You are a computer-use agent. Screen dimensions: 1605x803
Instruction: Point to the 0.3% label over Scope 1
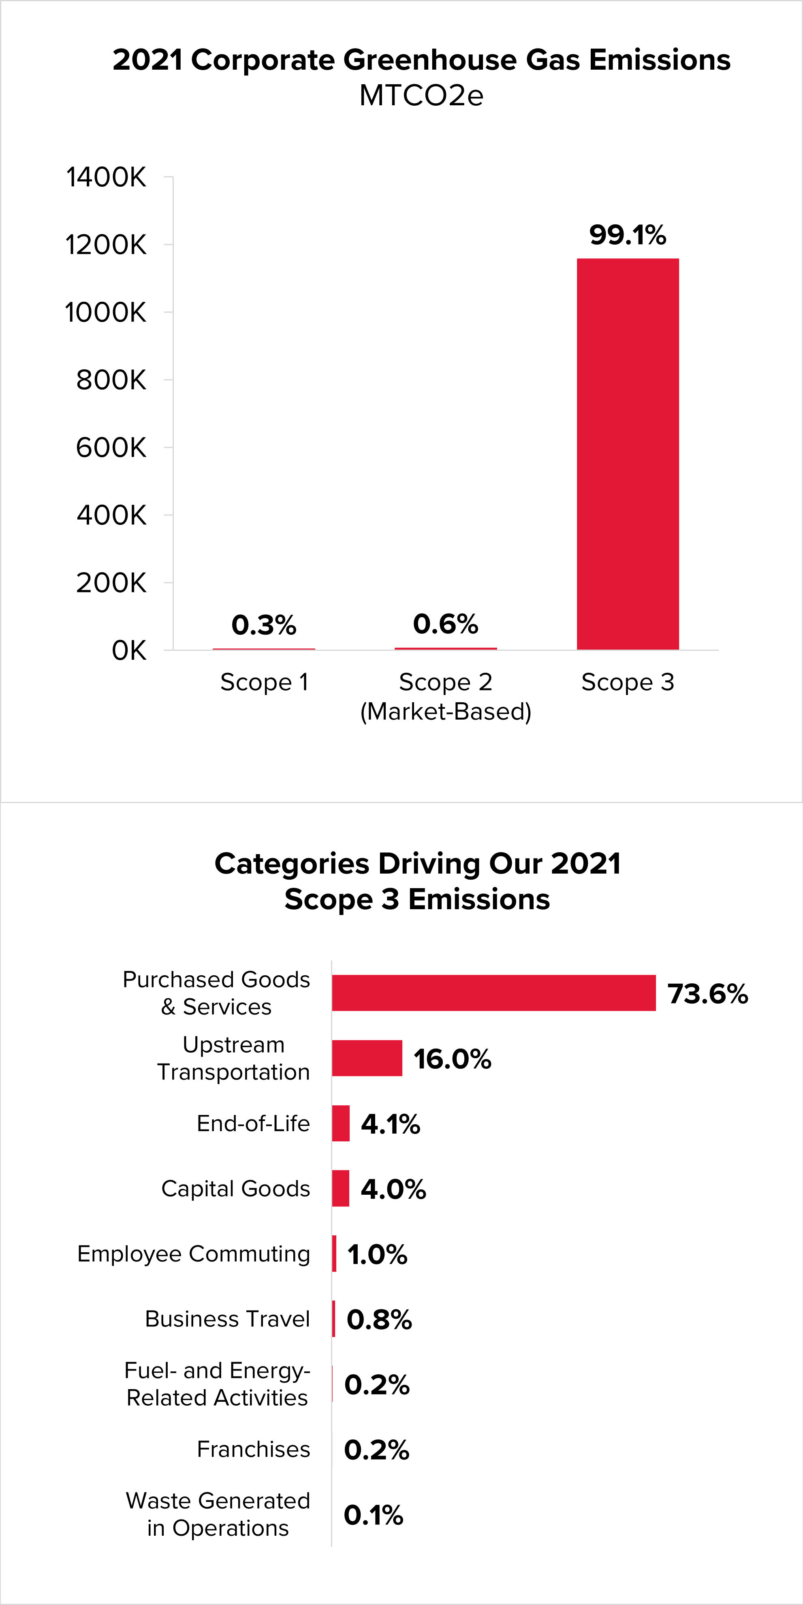(x=264, y=625)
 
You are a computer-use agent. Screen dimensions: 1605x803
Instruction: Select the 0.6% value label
(x=445, y=624)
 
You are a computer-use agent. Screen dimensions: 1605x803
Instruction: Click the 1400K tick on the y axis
(x=106, y=177)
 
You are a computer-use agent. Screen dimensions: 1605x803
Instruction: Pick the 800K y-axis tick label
(x=111, y=380)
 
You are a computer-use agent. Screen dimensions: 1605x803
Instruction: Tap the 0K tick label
(x=129, y=650)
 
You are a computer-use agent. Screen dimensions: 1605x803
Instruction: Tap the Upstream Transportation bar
(x=367, y=1058)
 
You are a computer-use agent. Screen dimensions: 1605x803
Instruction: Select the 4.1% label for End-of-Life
(x=390, y=1124)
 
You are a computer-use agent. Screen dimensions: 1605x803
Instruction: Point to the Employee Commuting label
(x=193, y=1253)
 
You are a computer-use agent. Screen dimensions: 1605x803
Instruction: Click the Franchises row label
(x=253, y=1449)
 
